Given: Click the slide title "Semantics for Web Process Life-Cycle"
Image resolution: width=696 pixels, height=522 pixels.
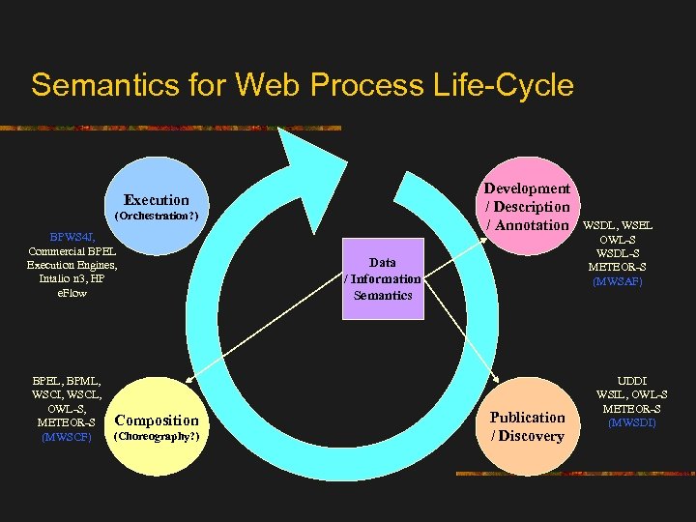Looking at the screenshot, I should point(302,85).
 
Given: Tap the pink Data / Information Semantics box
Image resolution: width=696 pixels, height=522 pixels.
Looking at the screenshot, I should point(383,278).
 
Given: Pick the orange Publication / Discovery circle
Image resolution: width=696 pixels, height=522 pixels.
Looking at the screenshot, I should point(527,426).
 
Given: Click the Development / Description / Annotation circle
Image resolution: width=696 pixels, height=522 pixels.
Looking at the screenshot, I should point(527,206).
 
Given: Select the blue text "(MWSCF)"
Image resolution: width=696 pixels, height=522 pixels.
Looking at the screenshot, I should point(66,437).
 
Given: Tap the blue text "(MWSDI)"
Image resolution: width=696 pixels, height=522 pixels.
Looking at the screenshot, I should point(632,422).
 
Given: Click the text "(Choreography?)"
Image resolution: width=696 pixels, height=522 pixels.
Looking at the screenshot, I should point(157,437).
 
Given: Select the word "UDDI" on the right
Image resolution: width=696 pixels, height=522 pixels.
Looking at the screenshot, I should point(632,381).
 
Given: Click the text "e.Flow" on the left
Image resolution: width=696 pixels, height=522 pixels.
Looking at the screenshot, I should point(72,293).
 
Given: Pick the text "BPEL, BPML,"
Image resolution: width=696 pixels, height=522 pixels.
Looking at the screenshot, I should point(67,381).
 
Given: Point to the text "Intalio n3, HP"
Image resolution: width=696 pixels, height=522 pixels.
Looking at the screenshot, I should point(72,279).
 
